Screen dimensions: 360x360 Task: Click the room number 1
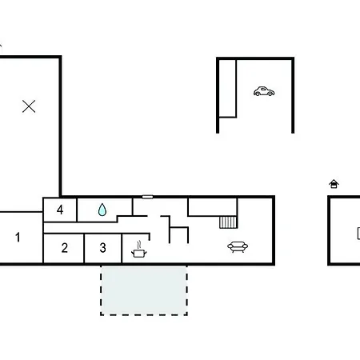tap(18, 237)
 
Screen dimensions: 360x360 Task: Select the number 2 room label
tap(64, 248)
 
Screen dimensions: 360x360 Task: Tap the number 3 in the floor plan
tap(102, 248)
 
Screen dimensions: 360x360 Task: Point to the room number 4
tap(60, 210)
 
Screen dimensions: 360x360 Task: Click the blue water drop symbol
tap(102, 210)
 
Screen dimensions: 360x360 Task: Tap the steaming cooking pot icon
tap(138, 250)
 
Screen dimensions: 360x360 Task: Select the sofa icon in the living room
tap(238, 246)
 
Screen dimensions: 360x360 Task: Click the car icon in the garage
tap(264, 91)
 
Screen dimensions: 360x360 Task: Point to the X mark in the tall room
tap(29, 106)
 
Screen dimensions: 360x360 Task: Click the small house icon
tap(334, 184)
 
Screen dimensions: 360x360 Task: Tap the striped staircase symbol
tap(228, 222)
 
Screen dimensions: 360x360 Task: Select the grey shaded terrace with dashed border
tap(144, 290)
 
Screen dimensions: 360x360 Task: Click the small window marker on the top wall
tap(147, 197)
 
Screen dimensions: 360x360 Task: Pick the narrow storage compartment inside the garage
tap(227, 88)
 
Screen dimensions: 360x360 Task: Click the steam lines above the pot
tap(138, 245)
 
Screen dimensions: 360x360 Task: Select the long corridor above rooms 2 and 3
tap(96, 228)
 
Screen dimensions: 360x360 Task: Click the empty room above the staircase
tap(213, 206)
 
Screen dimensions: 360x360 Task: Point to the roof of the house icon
tap(334, 182)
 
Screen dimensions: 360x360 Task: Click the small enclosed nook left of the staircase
tap(178, 235)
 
